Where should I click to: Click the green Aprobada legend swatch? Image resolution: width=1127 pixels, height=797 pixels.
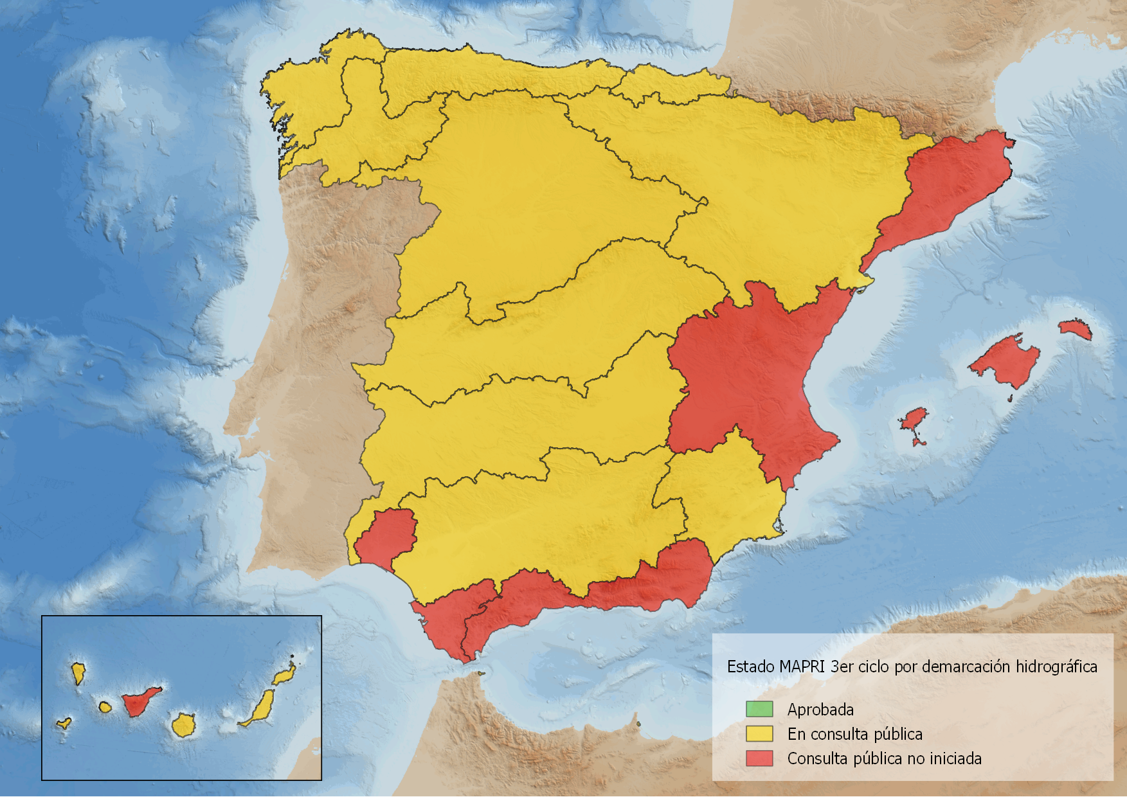point(759,709)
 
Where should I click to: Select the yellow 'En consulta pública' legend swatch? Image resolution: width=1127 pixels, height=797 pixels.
point(759,733)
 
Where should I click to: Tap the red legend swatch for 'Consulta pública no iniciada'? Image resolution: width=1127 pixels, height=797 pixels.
point(759,758)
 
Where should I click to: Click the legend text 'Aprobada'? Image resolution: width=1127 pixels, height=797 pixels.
point(820,710)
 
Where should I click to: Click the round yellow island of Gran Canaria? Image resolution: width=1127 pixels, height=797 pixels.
point(183,726)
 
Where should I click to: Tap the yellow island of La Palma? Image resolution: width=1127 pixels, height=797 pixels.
point(78,673)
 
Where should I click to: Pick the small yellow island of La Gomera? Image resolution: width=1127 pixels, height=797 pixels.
point(105,707)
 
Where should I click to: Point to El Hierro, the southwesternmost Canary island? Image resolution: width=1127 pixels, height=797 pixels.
point(64,723)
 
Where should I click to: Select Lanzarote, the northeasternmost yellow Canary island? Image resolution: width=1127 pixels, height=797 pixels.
point(284,675)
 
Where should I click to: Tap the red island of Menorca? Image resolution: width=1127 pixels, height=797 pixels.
point(1075,328)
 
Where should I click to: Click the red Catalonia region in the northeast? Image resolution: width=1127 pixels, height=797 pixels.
point(945,186)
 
